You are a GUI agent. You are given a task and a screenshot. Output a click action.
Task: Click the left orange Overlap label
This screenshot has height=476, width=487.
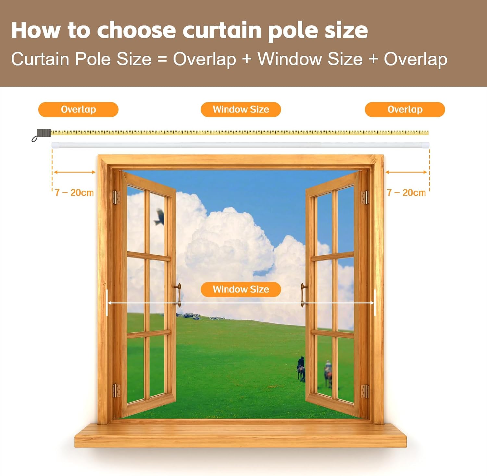(x=78, y=110)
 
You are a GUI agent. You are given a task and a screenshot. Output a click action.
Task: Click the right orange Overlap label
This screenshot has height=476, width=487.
(x=405, y=110)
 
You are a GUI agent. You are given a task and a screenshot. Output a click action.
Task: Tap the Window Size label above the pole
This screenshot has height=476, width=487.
(x=241, y=110)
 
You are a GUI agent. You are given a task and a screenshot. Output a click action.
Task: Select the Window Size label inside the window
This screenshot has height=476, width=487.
(x=241, y=289)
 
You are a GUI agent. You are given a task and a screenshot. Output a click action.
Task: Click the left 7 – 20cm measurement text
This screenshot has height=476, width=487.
(x=74, y=193)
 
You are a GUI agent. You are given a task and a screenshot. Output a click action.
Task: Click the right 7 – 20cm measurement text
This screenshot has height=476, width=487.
(x=406, y=193)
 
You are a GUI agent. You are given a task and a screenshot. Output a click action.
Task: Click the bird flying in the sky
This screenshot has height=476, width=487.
(x=159, y=217)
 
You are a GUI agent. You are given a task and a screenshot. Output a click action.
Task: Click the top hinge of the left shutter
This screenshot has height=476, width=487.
(x=117, y=197)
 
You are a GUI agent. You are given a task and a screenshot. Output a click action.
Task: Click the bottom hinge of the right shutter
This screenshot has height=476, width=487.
(x=364, y=391)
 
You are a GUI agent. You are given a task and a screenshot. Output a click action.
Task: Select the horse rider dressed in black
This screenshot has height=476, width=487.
(x=301, y=369)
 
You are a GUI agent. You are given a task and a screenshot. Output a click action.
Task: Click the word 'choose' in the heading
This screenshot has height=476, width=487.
(x=136, y=30)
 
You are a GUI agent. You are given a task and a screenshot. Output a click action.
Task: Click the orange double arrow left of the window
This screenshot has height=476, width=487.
(x=74, y=172)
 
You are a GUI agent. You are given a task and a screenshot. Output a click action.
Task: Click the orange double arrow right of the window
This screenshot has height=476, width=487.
(x=406, y=172)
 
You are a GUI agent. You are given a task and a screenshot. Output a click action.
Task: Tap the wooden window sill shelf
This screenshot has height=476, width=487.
(x=241, y=435)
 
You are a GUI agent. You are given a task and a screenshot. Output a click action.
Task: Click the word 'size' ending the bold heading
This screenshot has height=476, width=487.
(x=346, y=30)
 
